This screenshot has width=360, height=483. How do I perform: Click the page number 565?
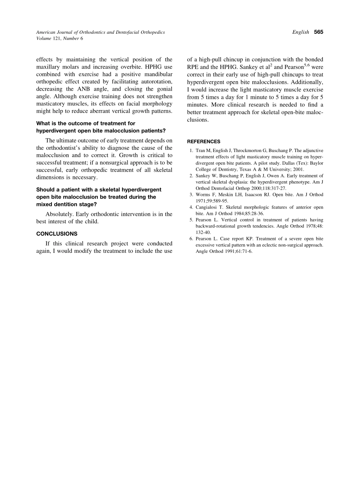click(318, 32)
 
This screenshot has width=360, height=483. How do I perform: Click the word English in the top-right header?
click(301, 32)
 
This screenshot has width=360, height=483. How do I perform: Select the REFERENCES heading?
click(204, 141)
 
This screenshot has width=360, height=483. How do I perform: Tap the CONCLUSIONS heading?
click(57, 234)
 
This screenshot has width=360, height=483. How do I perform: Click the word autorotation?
click(156, 82)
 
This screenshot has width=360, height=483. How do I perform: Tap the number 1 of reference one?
click(191, 151)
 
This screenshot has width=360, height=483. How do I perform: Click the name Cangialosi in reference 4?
click(208, 207)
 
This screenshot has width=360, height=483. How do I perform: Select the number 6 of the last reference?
click(191, 239)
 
